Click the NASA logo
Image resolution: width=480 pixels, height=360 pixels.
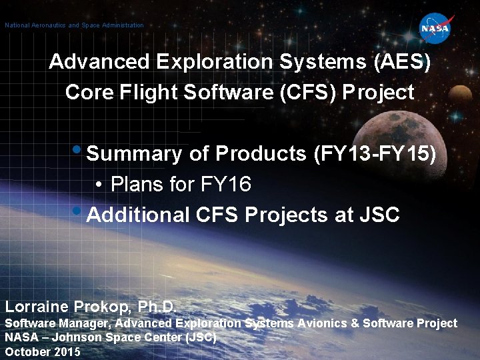point(435,29)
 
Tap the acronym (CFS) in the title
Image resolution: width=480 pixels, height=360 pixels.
point(306,92)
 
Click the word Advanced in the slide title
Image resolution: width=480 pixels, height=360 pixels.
point(100,62)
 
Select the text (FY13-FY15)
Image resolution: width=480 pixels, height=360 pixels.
point(375,154)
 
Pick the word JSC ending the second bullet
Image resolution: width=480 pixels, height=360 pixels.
point(379,215)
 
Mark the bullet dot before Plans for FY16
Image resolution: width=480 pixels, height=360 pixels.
point(98,185)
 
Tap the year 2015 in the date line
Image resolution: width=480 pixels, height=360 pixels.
point(67,351)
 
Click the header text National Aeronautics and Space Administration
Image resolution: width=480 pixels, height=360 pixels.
point(74,25)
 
